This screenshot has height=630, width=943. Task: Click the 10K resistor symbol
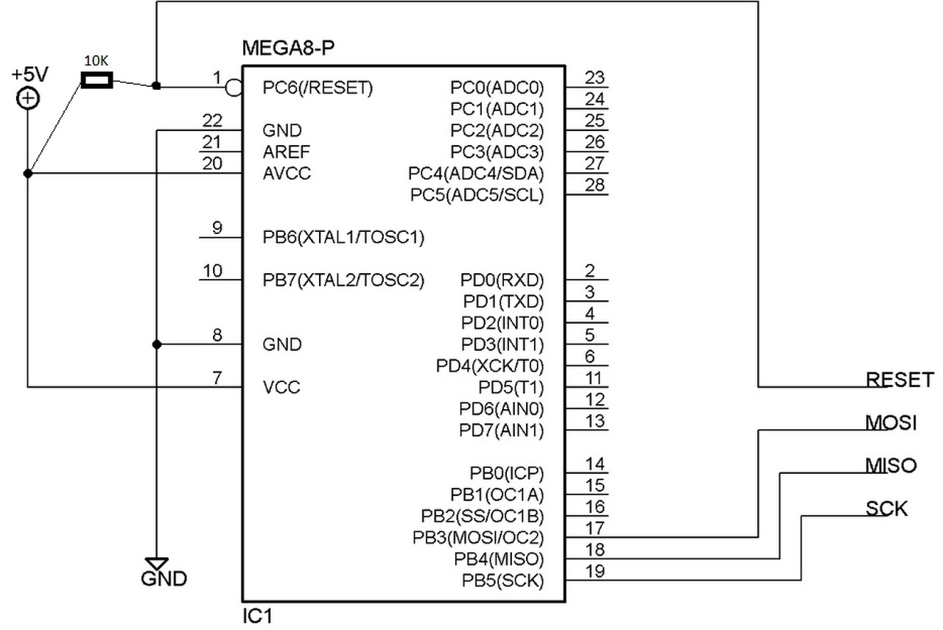(x=97, y=80)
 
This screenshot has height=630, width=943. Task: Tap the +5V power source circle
(x=28, y=99)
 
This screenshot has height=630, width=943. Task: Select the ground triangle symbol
(x=157, y=564)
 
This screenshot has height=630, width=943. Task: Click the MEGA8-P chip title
(x=288, y=48)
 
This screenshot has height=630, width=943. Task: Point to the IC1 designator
(x=257, y=617)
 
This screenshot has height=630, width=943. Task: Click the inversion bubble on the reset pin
(x=234, y=88)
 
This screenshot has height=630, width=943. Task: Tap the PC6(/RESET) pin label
(x=318, y=88)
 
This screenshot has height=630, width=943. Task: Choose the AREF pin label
(x=287, y=152)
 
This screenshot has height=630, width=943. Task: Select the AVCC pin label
(x=287, y=173)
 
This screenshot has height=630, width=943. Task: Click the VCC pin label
(x=281, y=387)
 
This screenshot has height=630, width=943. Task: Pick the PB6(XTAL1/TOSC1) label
(x=343, y=238)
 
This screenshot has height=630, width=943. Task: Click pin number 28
(x=595, y=185)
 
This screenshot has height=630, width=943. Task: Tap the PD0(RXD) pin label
(x=502, y=280)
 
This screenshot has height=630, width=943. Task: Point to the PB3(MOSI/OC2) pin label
(x=478, y=537)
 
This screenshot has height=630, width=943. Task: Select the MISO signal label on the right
(x=891, y=466)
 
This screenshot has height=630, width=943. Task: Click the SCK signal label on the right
(x=886, y=509)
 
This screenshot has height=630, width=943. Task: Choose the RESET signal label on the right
(x=900, y=380)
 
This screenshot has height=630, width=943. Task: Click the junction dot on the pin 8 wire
(x=157, y=345)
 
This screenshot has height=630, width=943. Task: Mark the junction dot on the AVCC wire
(x=28, y=173)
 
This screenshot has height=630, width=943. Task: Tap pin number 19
(x=595, y=571)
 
